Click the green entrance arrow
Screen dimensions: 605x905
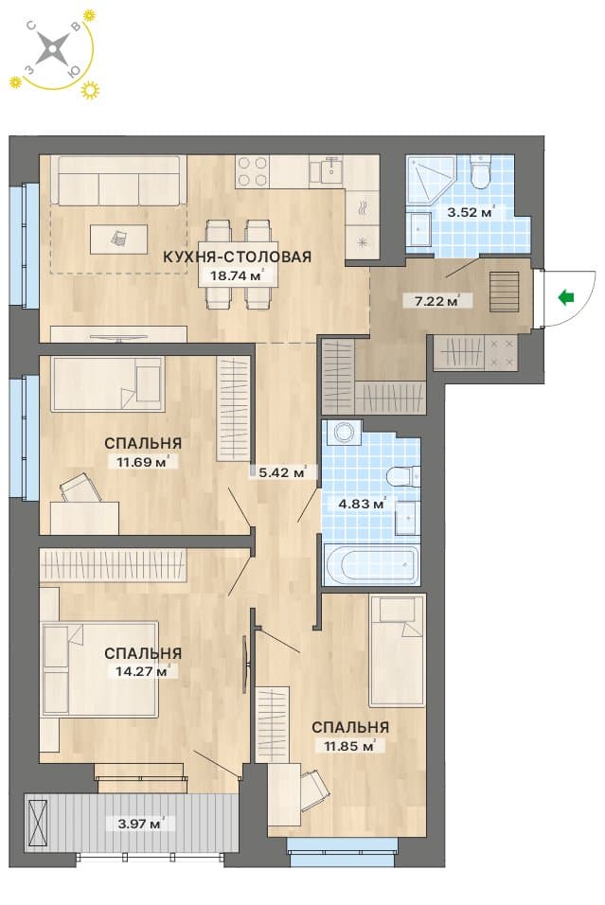[x=566, y=297]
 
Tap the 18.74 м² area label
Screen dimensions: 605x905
[x=237, y=275]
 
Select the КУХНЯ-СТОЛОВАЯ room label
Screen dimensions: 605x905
[x=237, y=257]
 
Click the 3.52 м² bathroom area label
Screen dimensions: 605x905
[x=470, y=212]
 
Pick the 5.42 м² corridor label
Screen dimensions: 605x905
[x=282, y=472]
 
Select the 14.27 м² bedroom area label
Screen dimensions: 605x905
[x=140, y=671]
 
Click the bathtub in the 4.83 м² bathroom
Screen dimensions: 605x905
[x=371, y=562]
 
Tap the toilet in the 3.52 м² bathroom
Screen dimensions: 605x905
[x=480, y=172]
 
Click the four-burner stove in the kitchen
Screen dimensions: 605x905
[x=253, y=171]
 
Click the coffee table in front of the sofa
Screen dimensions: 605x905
[x=118, y=239]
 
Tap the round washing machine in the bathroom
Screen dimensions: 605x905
[x=344, y=433]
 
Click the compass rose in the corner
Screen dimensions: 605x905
[x=53, y=47]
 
